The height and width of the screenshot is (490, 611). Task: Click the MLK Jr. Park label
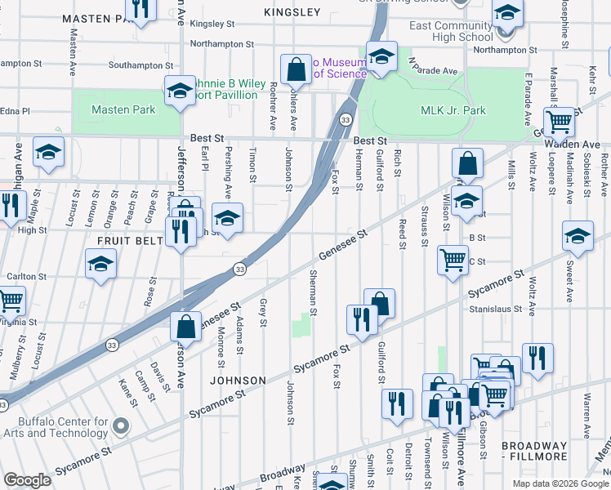pos(453,110)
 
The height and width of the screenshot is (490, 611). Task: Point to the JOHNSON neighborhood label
pos(238,381)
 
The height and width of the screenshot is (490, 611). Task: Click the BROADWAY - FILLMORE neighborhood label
pos(524,452)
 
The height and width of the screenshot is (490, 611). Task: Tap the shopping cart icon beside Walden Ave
pos(559,122)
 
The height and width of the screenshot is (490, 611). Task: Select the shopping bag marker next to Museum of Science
pos(296,69)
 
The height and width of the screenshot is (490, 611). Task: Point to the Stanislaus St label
pos(495,310)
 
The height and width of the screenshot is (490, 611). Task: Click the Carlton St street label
pos(26,277)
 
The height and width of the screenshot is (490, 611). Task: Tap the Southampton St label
pos(140,65)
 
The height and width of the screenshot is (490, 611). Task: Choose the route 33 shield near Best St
pos(346,119)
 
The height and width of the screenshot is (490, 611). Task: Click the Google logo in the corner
pos(28,480)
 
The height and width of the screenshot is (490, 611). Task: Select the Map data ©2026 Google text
pos(560,483)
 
